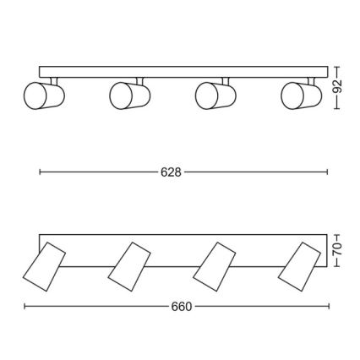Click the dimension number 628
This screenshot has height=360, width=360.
tap(172, 172)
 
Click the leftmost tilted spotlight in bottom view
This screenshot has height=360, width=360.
tap(42, 265)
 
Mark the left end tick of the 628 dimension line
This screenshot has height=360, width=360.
tap(40, 172)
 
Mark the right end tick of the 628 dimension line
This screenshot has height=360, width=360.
tap(327, 172)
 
